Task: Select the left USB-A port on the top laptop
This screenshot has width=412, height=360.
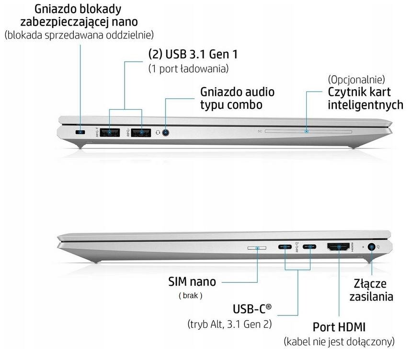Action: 113,132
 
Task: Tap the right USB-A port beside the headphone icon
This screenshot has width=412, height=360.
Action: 142,132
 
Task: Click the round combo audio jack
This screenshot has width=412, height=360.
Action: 166,132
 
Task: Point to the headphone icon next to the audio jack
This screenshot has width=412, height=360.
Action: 157,132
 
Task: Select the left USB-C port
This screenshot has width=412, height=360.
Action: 286,247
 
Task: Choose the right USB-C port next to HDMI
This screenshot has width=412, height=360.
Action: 309,247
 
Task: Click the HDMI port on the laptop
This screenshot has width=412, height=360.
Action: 339,247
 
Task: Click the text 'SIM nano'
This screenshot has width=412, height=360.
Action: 192,281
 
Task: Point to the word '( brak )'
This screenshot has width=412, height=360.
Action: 191,296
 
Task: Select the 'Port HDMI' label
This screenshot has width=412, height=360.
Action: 339,327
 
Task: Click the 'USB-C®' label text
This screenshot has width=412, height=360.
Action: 252,309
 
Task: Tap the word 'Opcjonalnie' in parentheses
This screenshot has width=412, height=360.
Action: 356,79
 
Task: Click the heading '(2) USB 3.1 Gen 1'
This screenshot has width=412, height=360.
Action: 193,54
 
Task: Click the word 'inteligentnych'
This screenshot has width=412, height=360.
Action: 365,105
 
